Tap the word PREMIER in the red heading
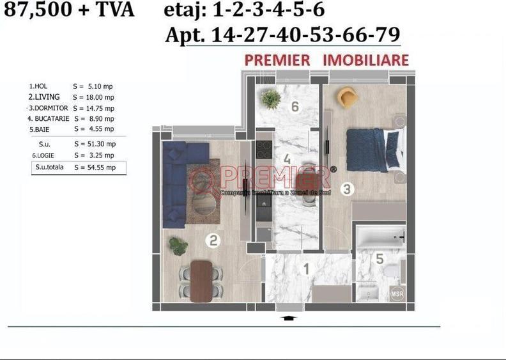tap(277, 60)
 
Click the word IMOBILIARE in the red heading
tap(365, 60)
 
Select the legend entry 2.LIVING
tap(44, 97)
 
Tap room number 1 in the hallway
tap(306, 269)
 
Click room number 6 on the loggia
tap(295, 107)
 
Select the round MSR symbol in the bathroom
tap(396, 293)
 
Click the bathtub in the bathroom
tap(380, 239)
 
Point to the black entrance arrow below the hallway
tap(289, 316)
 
